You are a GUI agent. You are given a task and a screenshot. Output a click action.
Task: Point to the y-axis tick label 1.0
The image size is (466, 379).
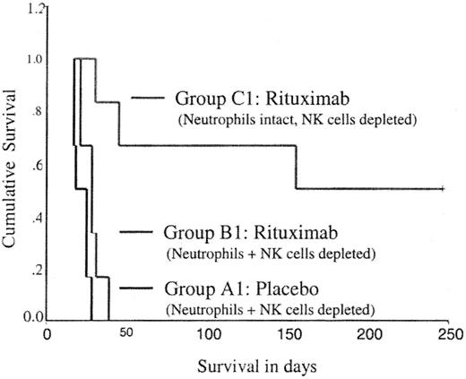pyautogui.click(x=33, y=61)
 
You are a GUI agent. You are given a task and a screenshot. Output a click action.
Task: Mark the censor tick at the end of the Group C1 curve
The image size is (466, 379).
pyautogui.click(x=444, y=188)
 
